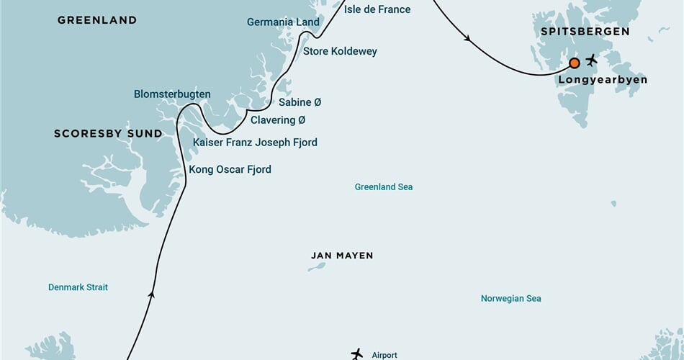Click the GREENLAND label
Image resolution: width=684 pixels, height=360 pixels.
(96, 20)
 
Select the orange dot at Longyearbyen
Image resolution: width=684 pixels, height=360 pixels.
(575, 63)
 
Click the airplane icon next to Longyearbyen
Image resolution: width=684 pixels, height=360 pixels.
(592, 59)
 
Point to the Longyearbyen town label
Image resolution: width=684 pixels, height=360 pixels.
(602, 80)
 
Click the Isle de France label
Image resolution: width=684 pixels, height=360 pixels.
(377, 9)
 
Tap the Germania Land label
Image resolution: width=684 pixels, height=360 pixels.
(283, 22)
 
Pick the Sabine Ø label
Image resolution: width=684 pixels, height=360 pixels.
(300, 102)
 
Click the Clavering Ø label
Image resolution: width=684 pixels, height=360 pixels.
(278, 120)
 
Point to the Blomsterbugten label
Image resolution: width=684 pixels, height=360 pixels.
(172, 94)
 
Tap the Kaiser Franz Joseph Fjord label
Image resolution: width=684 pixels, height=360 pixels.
(255, 143)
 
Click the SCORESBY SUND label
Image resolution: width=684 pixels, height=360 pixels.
(108, 134)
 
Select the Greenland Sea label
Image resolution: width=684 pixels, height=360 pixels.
(383, 187)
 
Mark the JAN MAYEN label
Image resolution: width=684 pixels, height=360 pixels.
(342, 256)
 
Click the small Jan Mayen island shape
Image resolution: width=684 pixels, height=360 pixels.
(317, 266)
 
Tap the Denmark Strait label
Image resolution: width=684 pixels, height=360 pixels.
(78, 287)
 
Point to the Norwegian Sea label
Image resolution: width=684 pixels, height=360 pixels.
(510, 299)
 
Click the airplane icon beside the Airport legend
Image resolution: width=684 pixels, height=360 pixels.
(357, 354)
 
